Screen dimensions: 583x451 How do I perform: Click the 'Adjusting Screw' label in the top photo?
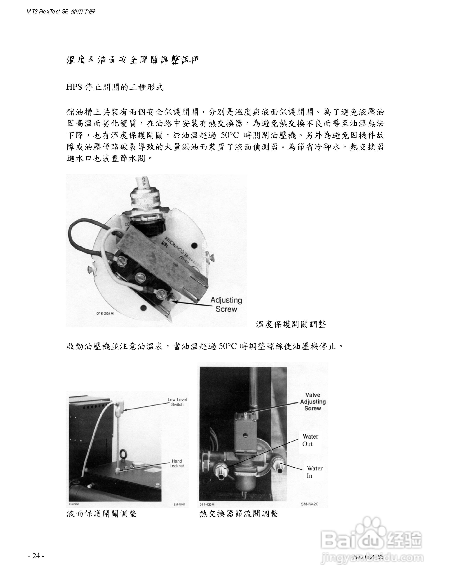(x=226, y=305)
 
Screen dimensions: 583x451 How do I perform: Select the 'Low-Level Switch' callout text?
(x=177, y=402)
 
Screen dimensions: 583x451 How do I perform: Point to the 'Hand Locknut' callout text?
(x=177, y=463)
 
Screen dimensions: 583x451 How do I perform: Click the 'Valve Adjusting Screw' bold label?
(x=313, y=402)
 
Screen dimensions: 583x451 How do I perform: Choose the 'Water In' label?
(x=314, y=472)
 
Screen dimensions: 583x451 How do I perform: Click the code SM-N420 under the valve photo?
(x=309, y=504)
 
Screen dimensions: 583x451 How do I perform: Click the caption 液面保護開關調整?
(x=102, y=514)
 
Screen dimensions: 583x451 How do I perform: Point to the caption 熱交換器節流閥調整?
(x=239, y=514)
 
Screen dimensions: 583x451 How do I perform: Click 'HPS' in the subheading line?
(x=74, y=87)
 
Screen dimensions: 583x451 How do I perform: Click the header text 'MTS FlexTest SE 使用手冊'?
(x=60, y=12)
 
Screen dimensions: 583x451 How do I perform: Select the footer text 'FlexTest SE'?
(x=368, y=557)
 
